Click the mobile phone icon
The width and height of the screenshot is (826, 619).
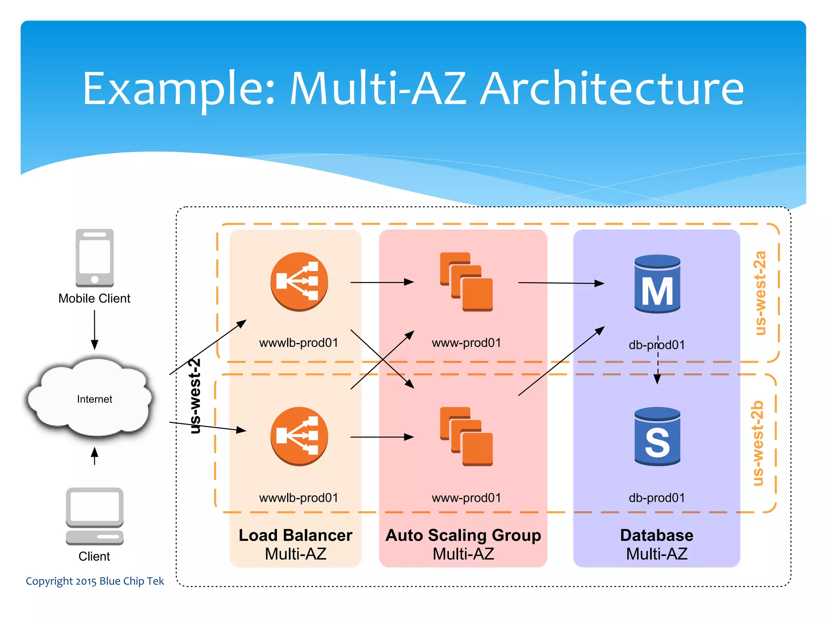(94, 258)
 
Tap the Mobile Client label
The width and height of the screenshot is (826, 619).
(94, 299)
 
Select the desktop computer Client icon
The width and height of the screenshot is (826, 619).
(94, 516)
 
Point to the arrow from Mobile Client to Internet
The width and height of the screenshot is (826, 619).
(94, 329)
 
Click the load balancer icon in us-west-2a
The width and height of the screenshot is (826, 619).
(299, 282)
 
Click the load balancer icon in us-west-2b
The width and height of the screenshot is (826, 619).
(299, 436)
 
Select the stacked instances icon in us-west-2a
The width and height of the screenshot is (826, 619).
(466, 282)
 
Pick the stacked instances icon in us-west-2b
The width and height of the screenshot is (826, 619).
(466, 436)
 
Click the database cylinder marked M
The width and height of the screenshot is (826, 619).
(657, 284)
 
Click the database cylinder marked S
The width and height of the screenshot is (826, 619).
(657, 437)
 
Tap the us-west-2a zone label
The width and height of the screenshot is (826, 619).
(760, 293)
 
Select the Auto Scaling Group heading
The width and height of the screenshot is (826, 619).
(463, 536)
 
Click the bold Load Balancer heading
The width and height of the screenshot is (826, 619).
(295, 536)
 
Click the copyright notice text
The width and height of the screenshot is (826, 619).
(95, 581)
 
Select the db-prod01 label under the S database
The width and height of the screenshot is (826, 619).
(657, 498)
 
